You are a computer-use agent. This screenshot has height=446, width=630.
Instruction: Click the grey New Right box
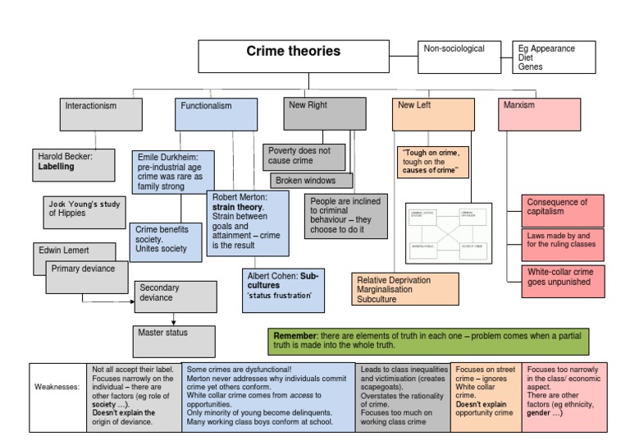click(325, 113)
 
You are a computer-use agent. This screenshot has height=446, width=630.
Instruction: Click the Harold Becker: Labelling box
click(75, 163)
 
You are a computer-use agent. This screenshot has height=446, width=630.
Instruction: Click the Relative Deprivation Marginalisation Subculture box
click(404, 290)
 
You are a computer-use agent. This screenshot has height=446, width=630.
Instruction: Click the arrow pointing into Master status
click(173, 320)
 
